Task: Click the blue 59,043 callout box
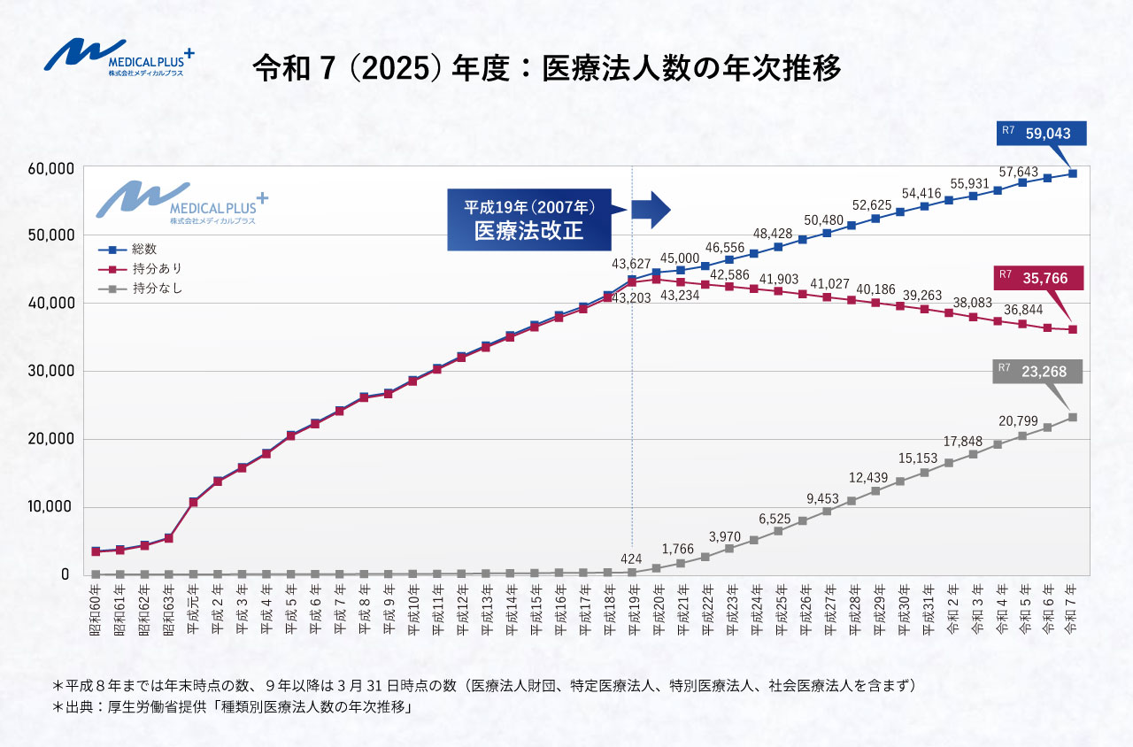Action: (1042, 135)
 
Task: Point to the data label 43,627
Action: (631, 264)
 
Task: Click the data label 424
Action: (631, 558)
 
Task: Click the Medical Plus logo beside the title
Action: (119, 59)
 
